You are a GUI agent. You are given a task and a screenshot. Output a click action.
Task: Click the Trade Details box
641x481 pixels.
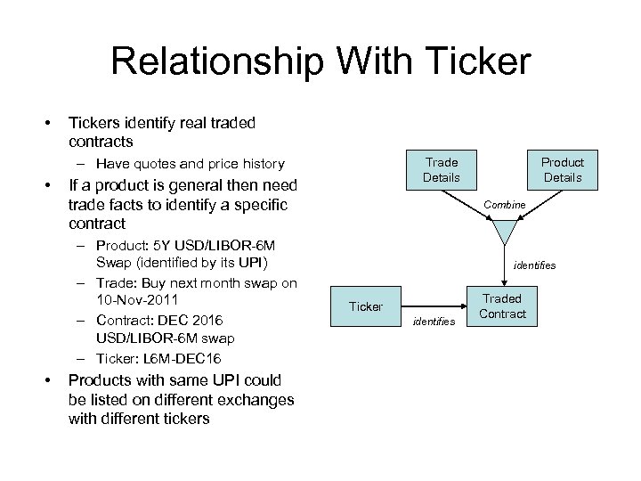pos(442,169)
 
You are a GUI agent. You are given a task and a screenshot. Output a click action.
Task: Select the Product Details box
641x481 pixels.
pos(563,169)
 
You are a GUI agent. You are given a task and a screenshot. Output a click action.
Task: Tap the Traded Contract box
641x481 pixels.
pos(502,306)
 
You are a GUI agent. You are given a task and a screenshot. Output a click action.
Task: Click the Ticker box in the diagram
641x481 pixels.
pos(366,306)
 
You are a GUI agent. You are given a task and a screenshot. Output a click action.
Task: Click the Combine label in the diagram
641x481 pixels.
pos(505,205)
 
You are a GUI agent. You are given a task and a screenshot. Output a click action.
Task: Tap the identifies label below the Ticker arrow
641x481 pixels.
pos(434,321)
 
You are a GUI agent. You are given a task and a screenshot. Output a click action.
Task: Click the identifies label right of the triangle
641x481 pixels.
pos(534,265)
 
